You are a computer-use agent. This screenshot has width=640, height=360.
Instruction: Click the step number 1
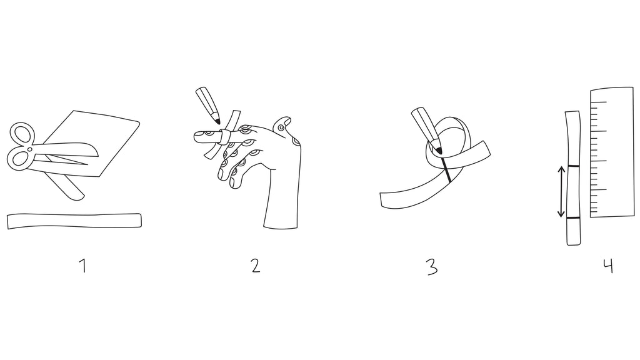pos(83,266)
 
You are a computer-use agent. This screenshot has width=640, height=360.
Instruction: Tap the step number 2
pos(256,266)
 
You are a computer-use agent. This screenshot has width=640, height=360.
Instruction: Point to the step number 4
pos(608,266)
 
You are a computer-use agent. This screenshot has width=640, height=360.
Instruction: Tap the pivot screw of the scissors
pos(31,149)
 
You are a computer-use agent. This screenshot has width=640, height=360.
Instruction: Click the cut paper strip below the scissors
pos(74,221)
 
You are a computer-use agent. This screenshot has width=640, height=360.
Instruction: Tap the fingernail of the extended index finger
pos(200,134)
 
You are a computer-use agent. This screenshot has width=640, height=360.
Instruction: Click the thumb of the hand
pos(284,124)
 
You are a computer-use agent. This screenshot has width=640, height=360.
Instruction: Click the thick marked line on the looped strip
pos(446,169)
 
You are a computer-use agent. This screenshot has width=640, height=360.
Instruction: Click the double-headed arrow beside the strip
pos(562,191)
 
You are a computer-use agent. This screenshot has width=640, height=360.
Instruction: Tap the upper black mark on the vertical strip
pos(573,166)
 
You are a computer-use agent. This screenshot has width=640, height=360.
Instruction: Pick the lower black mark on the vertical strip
pos(574,218)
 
